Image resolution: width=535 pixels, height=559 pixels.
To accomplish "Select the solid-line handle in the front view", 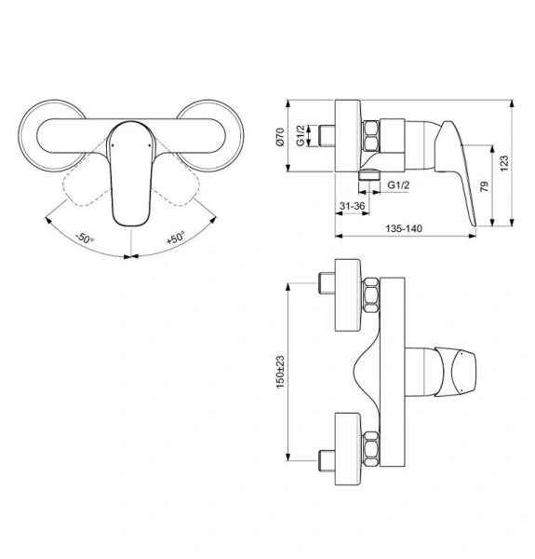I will click(x=130, y=172).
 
